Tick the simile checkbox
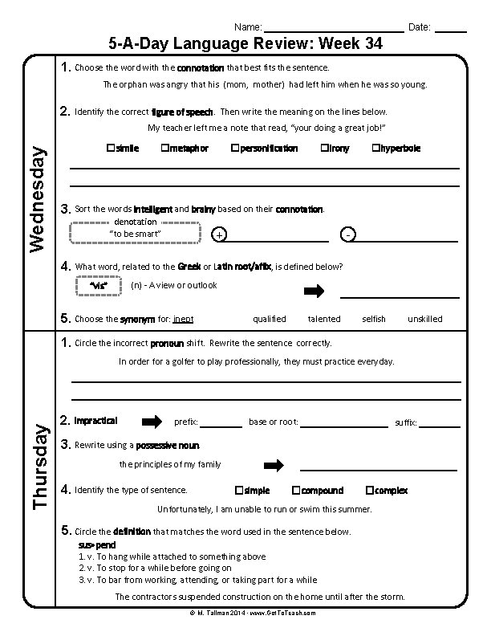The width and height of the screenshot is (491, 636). click(109, 148)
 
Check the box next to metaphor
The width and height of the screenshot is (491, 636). click(164, 148)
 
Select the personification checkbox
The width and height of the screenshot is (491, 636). click(234, 148)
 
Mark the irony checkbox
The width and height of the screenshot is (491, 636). click(324, 148)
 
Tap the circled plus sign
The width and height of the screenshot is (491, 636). click(220, 234)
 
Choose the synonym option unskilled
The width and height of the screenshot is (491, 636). click(424, 319)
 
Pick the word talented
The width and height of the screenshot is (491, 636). click(324, 319)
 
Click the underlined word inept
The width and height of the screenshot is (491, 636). click(183, 319)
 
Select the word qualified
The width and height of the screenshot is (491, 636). click(270, 319)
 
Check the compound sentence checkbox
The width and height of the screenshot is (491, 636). click(296, 490)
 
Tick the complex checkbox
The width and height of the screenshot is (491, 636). click(369, 490)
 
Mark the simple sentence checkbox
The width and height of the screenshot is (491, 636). click(238, 490)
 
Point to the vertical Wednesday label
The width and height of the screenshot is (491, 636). click(37, 198)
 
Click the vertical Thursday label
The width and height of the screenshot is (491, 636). click(38, 467)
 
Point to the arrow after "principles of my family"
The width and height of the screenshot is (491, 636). click(274, 465)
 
